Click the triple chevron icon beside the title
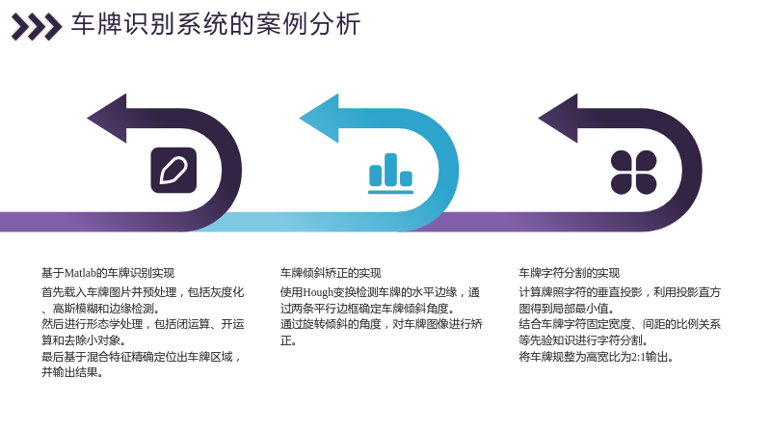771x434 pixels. click(37, 27)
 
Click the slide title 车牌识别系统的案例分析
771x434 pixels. click(216, 24)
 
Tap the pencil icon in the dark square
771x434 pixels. click(173, 171)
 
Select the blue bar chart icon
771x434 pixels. click(391, 174)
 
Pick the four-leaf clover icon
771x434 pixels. click(633, 173)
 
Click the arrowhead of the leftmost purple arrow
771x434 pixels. click(107, 118)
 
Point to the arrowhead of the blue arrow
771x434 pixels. click(319, 118)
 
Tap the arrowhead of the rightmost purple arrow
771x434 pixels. click(558, 118)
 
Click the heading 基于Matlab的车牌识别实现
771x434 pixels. click(108, 273)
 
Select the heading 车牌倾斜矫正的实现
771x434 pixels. click(331, 273)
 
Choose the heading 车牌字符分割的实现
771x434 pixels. click(569, 273)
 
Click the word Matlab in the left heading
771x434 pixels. click(80, 273)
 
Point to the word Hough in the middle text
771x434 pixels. click(318, 292)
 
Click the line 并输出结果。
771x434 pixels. click(72, 372)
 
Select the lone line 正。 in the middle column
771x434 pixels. click(288, 340)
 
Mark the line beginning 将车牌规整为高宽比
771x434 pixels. click(596, 357)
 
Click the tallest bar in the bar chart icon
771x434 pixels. click(391, 170)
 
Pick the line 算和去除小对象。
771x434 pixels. click(84, 340)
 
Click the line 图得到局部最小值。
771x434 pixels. click(567, 309)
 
